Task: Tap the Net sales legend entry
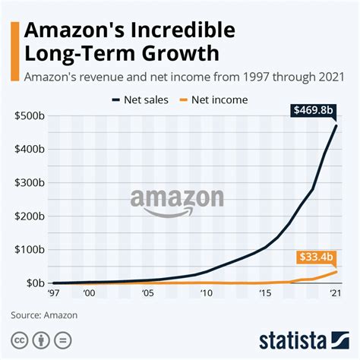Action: pos(140,98)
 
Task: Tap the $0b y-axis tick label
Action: pos(31,283)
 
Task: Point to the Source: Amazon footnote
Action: pos(44,313)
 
